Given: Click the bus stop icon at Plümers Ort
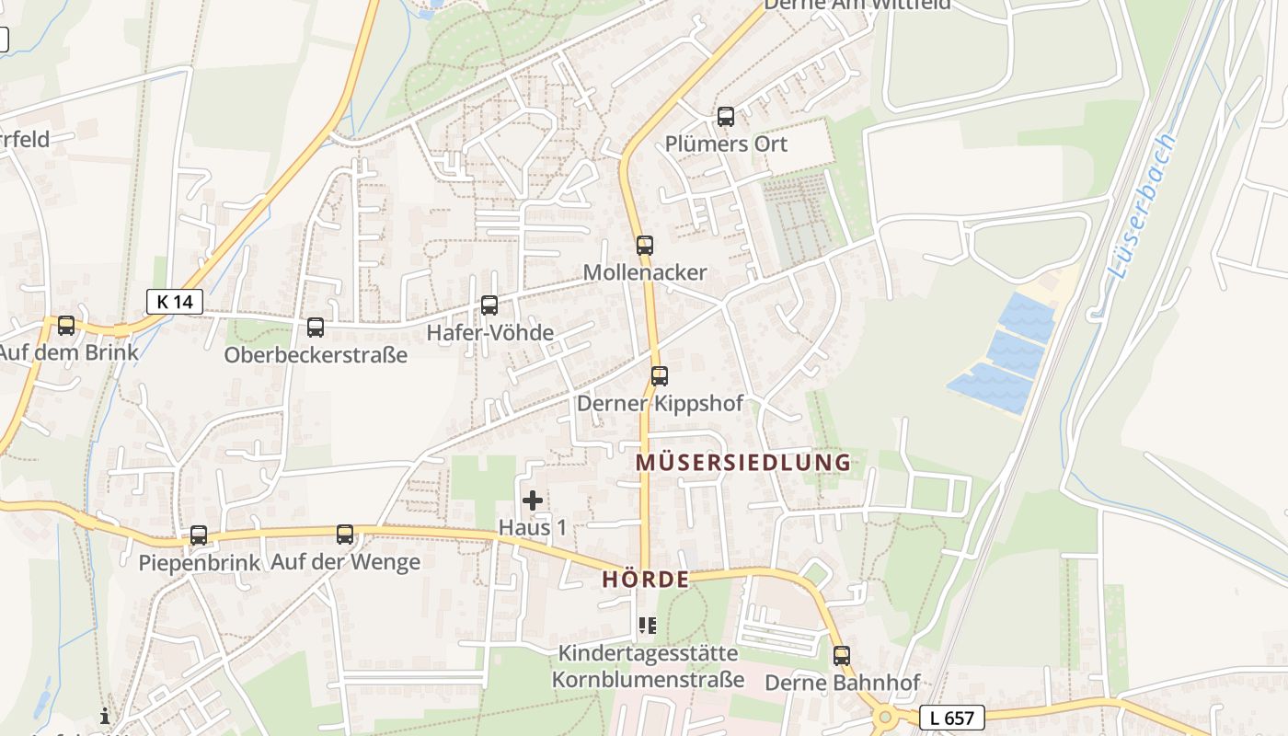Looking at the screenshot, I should [726, 117].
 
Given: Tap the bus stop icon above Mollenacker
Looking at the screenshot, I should [645, 246].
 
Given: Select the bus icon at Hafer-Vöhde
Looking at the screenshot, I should [489, 305].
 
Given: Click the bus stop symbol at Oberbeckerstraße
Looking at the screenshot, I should [316, 328].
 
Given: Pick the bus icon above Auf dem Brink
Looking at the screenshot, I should [66, 326].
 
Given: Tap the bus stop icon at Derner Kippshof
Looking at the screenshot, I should [660, 376].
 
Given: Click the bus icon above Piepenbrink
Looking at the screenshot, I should [199, 535].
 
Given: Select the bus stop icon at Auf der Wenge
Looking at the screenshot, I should [345, 535].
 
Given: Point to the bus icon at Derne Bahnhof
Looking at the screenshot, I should [842, 656].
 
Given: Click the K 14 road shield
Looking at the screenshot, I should [175, 301].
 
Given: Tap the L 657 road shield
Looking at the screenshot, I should [951, 718].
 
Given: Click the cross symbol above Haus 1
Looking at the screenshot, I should [533, 500].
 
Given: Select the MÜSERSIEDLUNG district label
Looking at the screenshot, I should [743, 462].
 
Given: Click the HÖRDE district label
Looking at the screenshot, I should [646, 580].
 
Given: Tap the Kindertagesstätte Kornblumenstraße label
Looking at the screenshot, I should [648, 667].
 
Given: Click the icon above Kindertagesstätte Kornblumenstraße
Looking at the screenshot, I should [648, 627].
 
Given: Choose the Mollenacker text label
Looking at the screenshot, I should [645, 272].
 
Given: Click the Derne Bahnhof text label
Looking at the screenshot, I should [842, 683].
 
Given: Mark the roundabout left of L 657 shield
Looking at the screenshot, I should [885, 717].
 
